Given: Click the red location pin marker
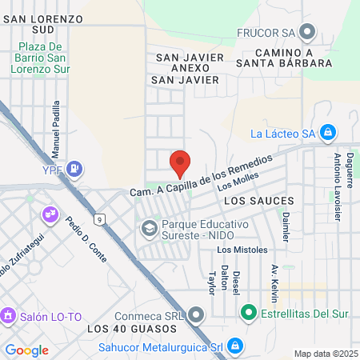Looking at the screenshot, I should [x=180, y=163].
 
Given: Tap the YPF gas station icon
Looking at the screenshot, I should [x=74, y=168].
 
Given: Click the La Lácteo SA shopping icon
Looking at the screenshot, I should [x=326, y=132].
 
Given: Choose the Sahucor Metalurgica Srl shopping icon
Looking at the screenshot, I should [x=234, y=346].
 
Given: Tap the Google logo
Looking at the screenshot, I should [x=26, y=350].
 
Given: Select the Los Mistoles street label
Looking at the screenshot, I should [x=242, y=250].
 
